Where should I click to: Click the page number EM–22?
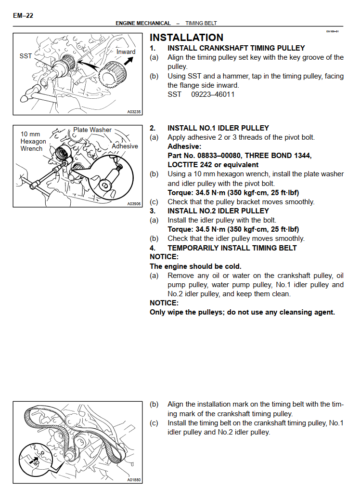pyautogui.click(x=23, y=16)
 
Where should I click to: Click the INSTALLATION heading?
pyautogui.click(x=187, y=38)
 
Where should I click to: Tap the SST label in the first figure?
pyautogui.click(x=26, y=56)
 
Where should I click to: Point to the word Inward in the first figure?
pyautogui.click(x=126, y=52)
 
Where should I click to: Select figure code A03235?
pyautogui.click(x=134, y=112)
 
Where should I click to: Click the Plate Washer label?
pyautogui.click(x=92, y=130)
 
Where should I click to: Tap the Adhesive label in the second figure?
pyautogui.click(x=125, y=146)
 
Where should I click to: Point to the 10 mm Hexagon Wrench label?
pyautogui.click(x=33, y=141)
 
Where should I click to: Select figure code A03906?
pyautogui.click(x=134, y=204)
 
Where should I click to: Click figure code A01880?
pyautogui.click(x=134, y=480)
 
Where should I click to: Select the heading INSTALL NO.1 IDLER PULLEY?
pyautogui.click(x=218, y=128)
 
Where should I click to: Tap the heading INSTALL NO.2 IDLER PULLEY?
pyautogui.click(x=218, y=211)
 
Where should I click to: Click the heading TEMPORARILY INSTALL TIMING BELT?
pyautogui.click(x=232, y=248)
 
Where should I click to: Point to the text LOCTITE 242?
pyautogui.click(x=191, y=165)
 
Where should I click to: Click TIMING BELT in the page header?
pyautogui.click(x=201, y=23)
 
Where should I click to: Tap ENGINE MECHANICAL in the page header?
pyautogui.click(x=143, y=23)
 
